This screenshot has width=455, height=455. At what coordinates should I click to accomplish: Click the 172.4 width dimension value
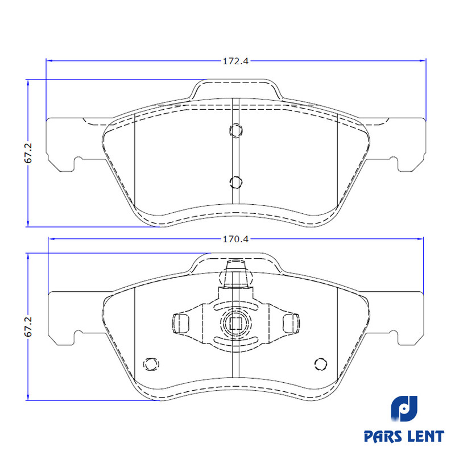[235, 61]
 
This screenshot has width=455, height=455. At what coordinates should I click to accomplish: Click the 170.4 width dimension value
[235, 239]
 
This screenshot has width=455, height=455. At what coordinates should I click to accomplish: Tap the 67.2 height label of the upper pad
[28, 153]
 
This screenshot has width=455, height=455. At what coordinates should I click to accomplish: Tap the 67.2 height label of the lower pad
[28, 326]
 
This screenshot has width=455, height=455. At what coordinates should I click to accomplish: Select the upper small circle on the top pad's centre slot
[236, 130]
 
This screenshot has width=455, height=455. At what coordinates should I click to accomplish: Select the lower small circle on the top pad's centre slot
[236, 182]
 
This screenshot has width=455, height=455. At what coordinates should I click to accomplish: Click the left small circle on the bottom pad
[151, 364]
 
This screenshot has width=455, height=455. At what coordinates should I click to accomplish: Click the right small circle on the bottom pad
[321, 364]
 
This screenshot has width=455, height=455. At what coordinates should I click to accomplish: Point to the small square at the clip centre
[236, 323]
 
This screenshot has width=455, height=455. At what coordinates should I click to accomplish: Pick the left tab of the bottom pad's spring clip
[180, 323]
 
